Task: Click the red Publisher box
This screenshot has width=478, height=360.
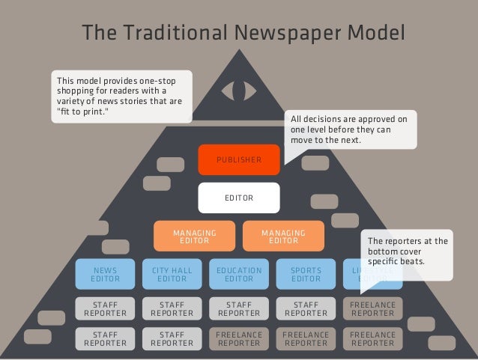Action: coord(239,159)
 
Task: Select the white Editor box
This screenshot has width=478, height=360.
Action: coord(239,198)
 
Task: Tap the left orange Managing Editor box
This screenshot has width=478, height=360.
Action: coord(193,237)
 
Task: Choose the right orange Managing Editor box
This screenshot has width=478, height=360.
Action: coord(282,237)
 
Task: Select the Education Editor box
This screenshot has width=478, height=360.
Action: coord(238,275)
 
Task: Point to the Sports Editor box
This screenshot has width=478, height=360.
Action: coord(306,275)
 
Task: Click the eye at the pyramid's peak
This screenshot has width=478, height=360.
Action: coord(239,89)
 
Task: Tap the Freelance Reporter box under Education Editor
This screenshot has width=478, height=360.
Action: coord(238,339)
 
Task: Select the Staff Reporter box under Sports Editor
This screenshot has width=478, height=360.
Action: coord(306,309)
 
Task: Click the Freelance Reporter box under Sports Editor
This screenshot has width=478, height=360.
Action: coord(306,339)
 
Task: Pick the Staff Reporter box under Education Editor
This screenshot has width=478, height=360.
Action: coord(238,309)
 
